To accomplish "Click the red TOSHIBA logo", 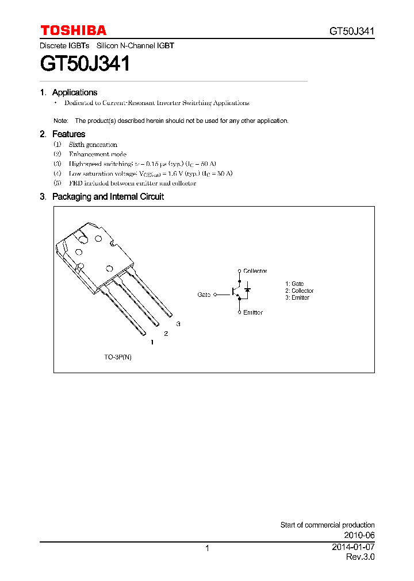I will click(73, 31).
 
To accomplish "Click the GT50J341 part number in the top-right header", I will click(352, 32).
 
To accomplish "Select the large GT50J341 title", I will click(85, 63).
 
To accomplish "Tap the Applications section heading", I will click(74, 92).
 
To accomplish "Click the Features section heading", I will click(68, 134).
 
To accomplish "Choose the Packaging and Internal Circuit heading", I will click(108, 196).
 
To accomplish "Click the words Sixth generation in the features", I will click(93, 145).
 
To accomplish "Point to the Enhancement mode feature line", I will click(97, 154).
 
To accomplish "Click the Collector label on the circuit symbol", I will click(255, 271).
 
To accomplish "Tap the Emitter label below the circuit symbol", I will click(253, 313).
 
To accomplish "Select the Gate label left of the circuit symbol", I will click(204, 295).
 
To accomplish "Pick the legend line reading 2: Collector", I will click(299, 291).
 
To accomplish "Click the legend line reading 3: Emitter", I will click(297, 298).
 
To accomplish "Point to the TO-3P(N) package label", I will click(117, 357).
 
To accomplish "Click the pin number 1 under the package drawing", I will click(152, 343).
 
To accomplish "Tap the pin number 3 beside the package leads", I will click(178, 324).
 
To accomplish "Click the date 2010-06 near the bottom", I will click(360, 534).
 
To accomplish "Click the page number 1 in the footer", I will click(207, 549).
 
